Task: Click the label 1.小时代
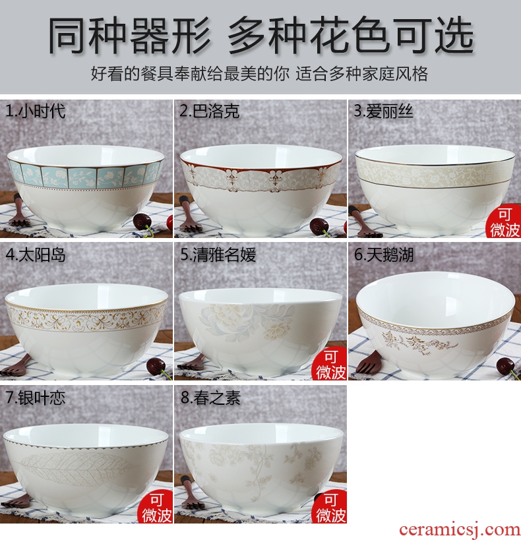tap(35, 111)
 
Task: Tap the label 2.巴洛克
tap(210, 111)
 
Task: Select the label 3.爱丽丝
tap(383, 111)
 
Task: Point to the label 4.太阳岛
tap(35, 255)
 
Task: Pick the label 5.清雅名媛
tap(218, 255)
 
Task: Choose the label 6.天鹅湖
tap(384, 255)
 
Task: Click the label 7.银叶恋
tap(35, 398)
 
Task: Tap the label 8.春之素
tap(210, 398)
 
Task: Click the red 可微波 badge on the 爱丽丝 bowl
tap(504, 223)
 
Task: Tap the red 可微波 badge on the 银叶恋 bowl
tap(156, 508)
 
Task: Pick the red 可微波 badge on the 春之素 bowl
tap(330, 508)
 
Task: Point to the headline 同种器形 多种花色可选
tap(261, 36)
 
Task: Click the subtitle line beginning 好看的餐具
tap(259, 74)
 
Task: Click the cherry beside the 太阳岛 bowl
tap(156, 367)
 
